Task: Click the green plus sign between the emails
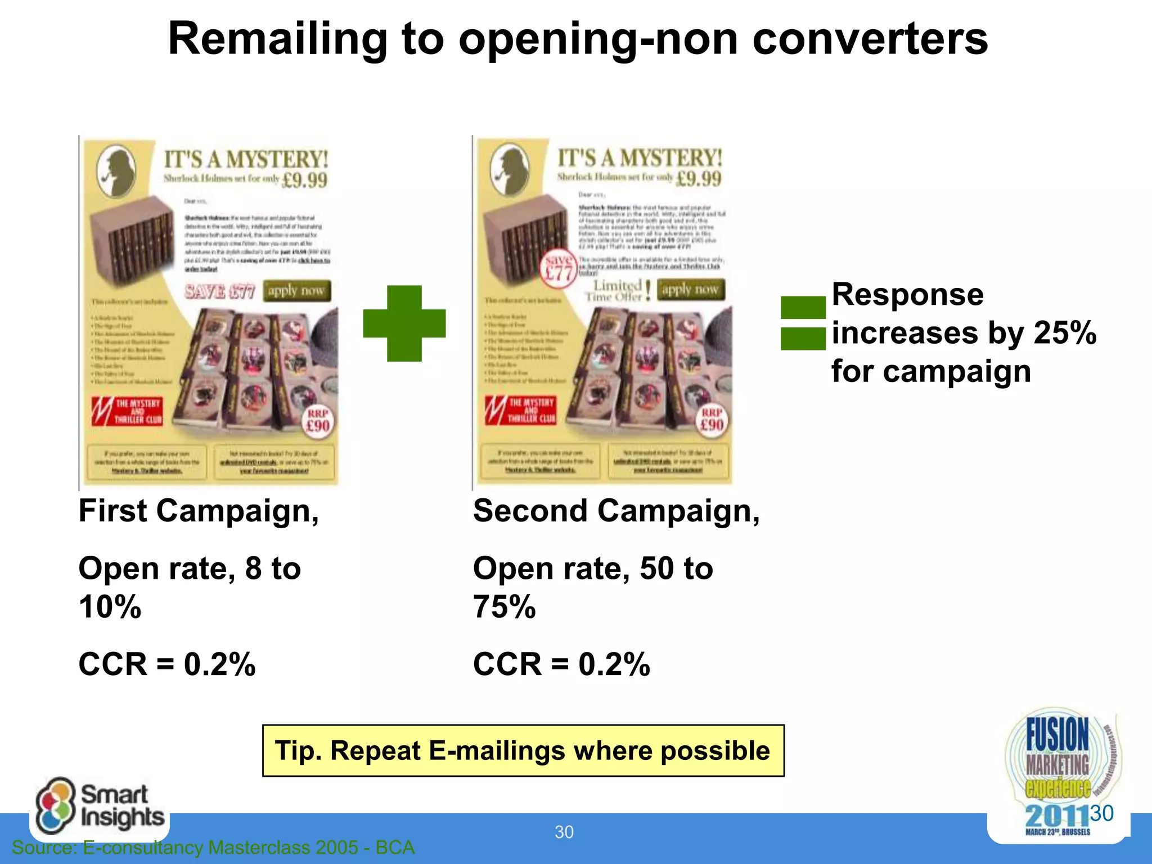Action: point(404,323)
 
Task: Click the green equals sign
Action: point(803,323)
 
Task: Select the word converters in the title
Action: point(870,39)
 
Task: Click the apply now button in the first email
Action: point(296,291)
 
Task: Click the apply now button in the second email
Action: point(690,290)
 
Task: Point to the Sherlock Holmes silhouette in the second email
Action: point(510,169)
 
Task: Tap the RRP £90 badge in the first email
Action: point(318,421)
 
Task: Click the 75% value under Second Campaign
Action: point(505,607)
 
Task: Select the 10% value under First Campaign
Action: point(110,607)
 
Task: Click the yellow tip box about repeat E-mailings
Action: point(523,750)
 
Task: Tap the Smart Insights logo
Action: point(100,805)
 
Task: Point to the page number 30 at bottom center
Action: point(564,832)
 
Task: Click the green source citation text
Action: point(213,847)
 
